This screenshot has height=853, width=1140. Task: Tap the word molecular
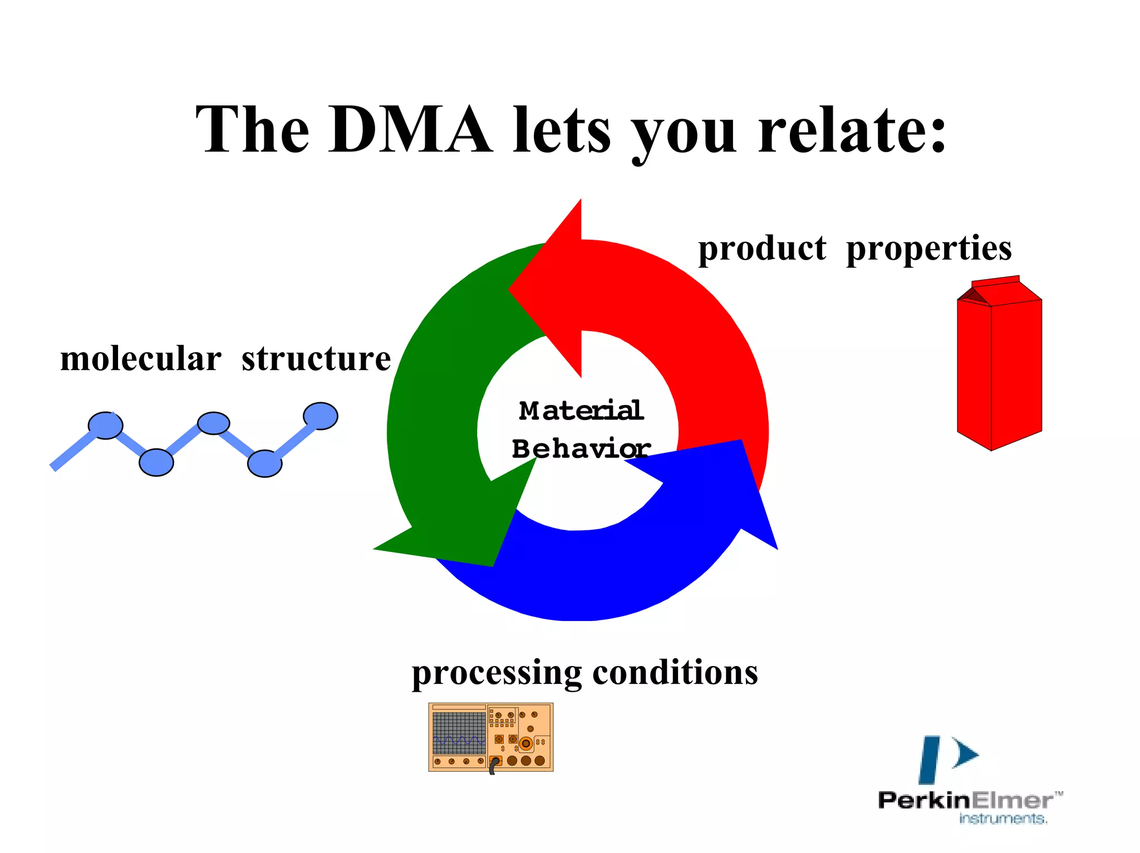[x=141, y=359]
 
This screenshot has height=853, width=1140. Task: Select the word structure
[x=316, y=359]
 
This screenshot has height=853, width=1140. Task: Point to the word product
[x=762, y=248]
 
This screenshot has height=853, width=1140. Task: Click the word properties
[x=928, y=248]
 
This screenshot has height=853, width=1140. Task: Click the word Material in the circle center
[x=581, y=411]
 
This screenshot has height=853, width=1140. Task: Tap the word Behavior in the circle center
[x=581, y=448]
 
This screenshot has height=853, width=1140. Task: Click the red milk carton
[x=999, y=367]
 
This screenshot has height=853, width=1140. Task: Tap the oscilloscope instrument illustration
[x=490, y=737]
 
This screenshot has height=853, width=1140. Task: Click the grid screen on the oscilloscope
[x=459, y=733]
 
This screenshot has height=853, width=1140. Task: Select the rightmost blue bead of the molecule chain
[x=320, y=416]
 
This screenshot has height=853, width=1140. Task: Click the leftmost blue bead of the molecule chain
[x=105, y=426]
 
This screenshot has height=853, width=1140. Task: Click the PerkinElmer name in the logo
[x=966, y=801]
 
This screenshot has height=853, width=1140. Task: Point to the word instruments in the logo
[x=1003, y=819]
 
